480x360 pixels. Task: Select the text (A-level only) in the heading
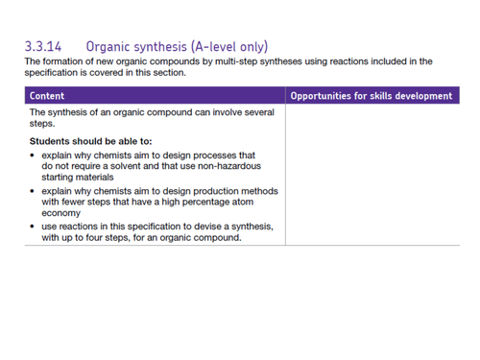click(x=229, y=45)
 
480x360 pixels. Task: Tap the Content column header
click(x=48, y=96)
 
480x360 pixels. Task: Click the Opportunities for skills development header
click(x=371, y=96)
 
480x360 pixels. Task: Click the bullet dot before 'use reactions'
click(x=34, y=227)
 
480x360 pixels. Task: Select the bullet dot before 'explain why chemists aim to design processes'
click(x=34, y=155)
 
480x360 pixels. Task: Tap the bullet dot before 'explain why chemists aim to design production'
click(x=34, y=190)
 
